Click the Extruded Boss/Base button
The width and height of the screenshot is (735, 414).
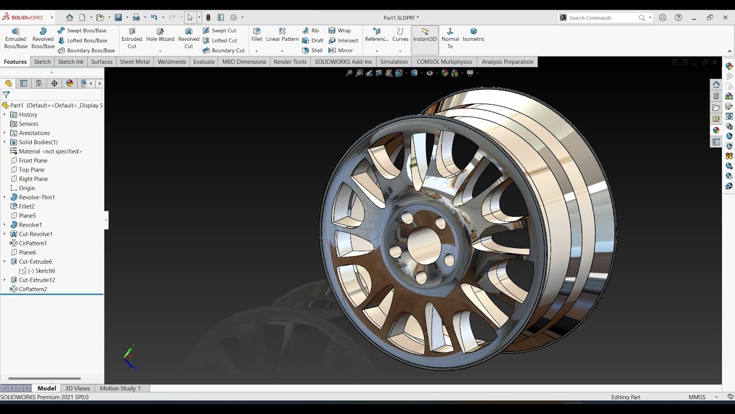[x=16, y=38]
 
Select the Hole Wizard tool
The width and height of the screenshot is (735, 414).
[x=160, y=35]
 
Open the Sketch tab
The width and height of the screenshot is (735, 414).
[x=42, y=62]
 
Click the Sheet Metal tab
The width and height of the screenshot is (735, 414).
[x=134, y=62]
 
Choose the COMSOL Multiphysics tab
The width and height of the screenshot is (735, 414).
[x=444, y=62]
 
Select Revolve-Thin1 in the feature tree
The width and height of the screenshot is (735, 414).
[x=37, y=197]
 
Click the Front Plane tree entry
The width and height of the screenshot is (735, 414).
[x=33, y=160]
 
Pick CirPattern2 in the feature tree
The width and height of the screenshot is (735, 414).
[x=33, y=289]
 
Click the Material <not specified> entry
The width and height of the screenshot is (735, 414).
[x=50, y=151]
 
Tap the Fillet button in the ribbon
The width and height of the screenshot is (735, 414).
[x=257, y=35]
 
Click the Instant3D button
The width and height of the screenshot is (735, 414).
[x=425, y=35]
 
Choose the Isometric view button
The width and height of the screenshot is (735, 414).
[x=473, y=35]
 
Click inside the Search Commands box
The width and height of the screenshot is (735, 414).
[x=602, y=18]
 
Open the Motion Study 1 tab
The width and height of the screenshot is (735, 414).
[x=120, y=388]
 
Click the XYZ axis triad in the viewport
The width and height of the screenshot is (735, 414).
[x=129, y=356]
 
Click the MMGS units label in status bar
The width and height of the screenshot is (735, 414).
[x=697, y=397]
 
